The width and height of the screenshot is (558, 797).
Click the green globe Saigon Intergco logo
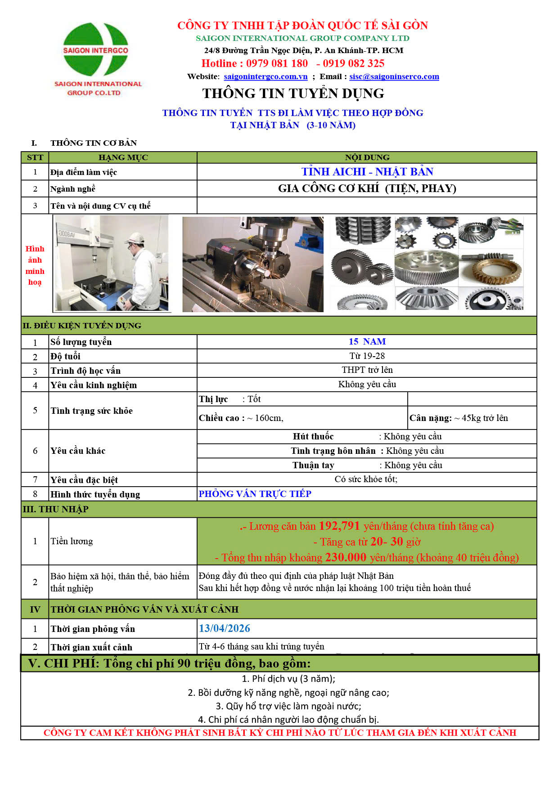point(95,49)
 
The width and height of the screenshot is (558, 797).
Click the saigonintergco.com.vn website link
point(265,76)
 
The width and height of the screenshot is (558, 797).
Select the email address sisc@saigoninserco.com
point(394,76)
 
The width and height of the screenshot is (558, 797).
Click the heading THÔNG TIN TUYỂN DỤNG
point(293,94)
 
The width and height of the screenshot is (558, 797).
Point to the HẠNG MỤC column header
point(123,157)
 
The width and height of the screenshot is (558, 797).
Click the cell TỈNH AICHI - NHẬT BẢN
point(367,172)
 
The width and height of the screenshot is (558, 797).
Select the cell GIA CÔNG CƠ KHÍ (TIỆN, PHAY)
point(367,188)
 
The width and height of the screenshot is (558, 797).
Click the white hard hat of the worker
point(134,239)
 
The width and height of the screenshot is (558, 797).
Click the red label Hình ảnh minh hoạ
point(35,265)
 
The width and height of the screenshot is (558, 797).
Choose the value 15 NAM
point(367,342)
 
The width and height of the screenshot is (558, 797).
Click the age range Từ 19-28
point(367,356)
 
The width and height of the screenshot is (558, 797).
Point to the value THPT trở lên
point(367,370)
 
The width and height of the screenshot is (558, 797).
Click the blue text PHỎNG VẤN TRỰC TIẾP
point(255,494)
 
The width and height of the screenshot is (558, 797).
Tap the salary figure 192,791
point(339,526)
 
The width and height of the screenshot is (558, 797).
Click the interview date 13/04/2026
point(225,628)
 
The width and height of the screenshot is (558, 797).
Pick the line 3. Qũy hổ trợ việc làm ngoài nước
point(288,706)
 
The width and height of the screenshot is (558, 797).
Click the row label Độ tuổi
point(66,357)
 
